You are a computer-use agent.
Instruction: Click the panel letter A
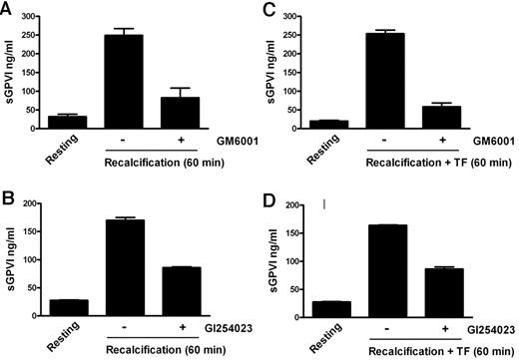[8, 9]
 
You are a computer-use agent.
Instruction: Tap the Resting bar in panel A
[75, 123]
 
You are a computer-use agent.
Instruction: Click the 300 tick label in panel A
[41, 15]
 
